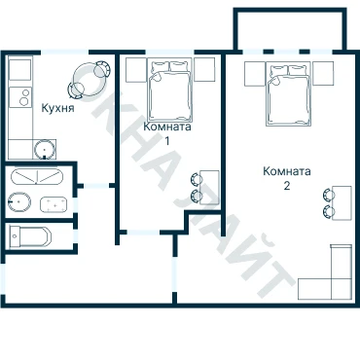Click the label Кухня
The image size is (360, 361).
(x=58, y=108)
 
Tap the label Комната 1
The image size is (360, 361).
(x=167, y=133)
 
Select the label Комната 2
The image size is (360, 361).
(x=287, y=178)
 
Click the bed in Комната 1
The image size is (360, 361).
(x=170, y=90)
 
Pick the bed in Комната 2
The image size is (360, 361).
(x=289, y=93)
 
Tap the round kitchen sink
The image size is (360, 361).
(x=44, y=149)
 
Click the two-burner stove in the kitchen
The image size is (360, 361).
(x=20, y=97)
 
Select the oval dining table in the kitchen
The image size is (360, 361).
(x=90, y=79)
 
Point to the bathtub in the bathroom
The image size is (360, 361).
(x=36, y=176)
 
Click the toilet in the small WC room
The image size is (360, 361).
(x=30, y=236)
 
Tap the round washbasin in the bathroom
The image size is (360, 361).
(x=19, y=202)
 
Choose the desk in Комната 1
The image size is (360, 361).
(x=209, y=187)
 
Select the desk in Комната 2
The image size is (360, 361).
(x=342, y=203)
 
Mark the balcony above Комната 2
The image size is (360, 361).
(x=290, y=29)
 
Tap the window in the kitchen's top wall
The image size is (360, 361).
(x=64, y=52)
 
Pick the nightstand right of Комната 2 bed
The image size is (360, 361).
(x=323, y=73)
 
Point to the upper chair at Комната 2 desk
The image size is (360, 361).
(x=328, y=196)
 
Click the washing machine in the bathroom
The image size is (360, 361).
(x=54, y=204)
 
